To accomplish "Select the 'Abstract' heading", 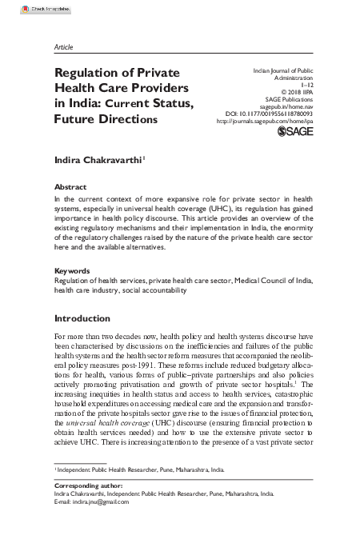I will click(70, 186).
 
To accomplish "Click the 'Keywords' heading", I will click(73, 271).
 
